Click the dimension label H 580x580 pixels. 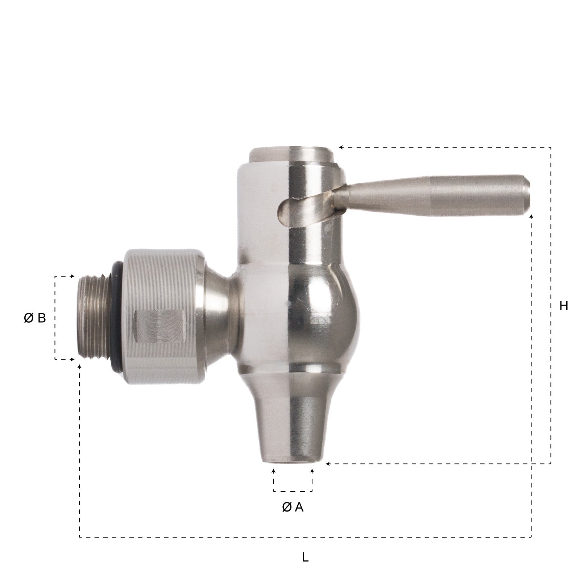(563, 306)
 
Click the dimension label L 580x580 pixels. (305, 557)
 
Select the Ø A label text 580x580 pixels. (293, 507)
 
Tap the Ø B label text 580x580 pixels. (35, 318)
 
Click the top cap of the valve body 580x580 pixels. (292, 154)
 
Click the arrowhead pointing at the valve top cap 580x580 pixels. (341, 148)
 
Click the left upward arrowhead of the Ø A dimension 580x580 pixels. (274, 471)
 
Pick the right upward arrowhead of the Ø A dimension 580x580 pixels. (312, 471)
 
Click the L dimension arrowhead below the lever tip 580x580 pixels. (531, 216)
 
